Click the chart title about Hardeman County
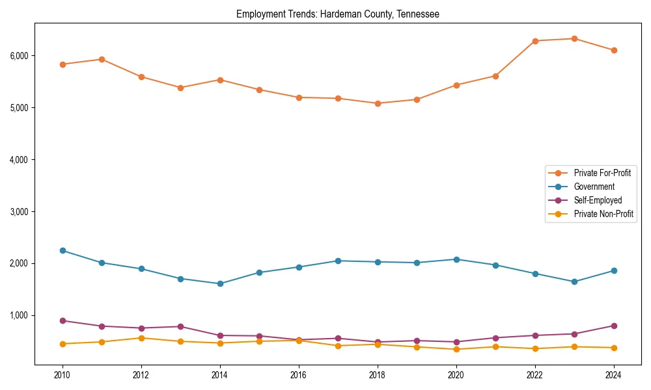tap(337, 14)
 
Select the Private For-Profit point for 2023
tap(574, 38)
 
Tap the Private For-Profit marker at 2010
tap(62, 64)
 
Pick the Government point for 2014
tap(220, 283)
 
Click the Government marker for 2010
tap(62, 250)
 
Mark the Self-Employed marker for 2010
tap(62, 320)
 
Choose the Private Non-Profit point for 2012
tap(141, 338)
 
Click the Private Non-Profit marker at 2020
tap(456, 349)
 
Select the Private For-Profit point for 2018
tap(378, 103)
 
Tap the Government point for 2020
tap(456, 259)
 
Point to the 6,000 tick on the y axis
tap(20, 55)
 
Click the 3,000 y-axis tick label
tap(20, 211)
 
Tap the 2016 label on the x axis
tap(299, 375)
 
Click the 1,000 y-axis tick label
tap(20, 315)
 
